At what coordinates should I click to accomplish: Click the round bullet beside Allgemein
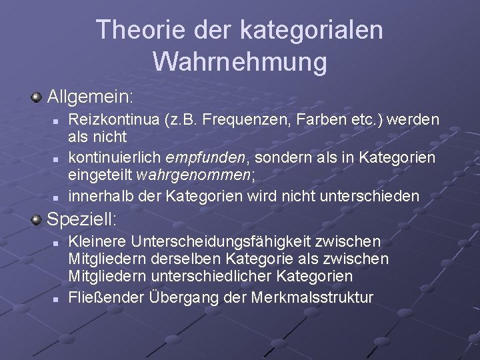[x=36, y=98]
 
